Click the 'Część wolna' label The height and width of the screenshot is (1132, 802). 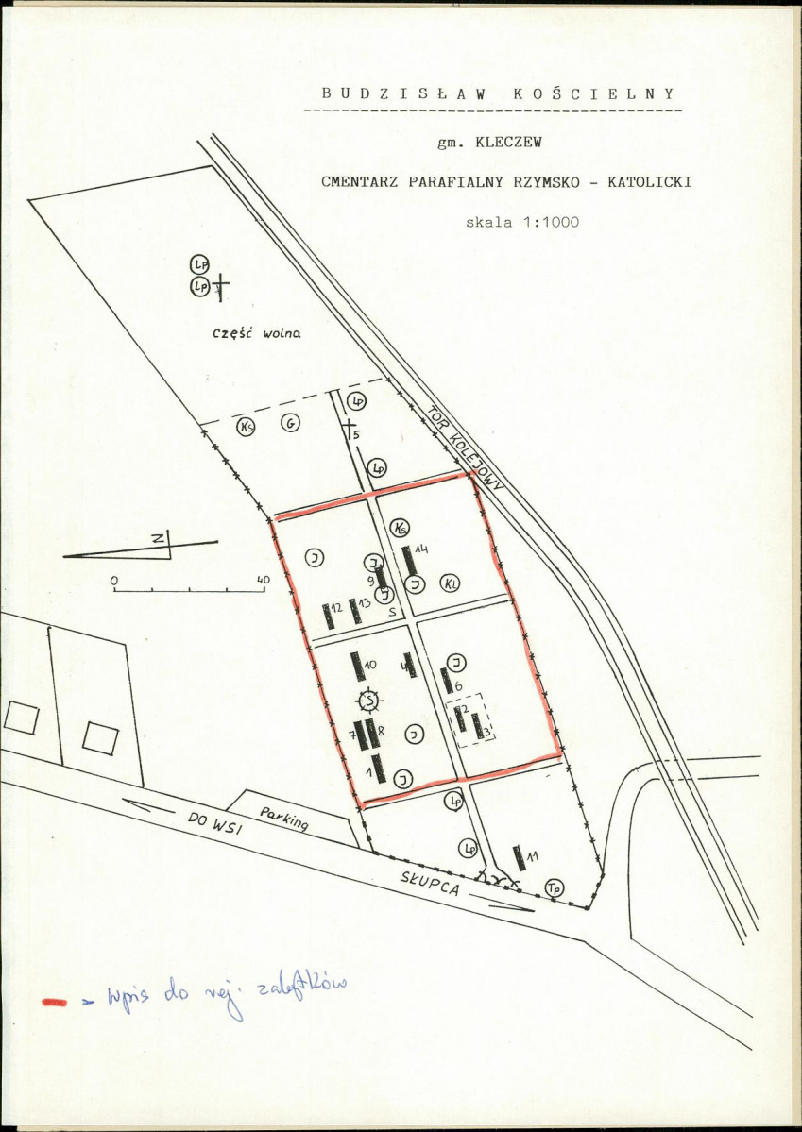click(256, 332)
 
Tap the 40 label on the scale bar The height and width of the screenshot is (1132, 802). click(263, 579)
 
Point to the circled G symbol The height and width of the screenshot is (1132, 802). click(290, 425)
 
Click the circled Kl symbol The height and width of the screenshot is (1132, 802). click(452, 583)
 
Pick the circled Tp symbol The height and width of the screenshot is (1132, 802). click(555, 887)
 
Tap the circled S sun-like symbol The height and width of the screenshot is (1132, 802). click(370, 700)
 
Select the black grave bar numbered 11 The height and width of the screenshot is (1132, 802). click(519, 858)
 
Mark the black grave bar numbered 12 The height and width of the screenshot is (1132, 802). click(328, 616)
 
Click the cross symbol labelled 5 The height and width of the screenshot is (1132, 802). click(349, 428)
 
